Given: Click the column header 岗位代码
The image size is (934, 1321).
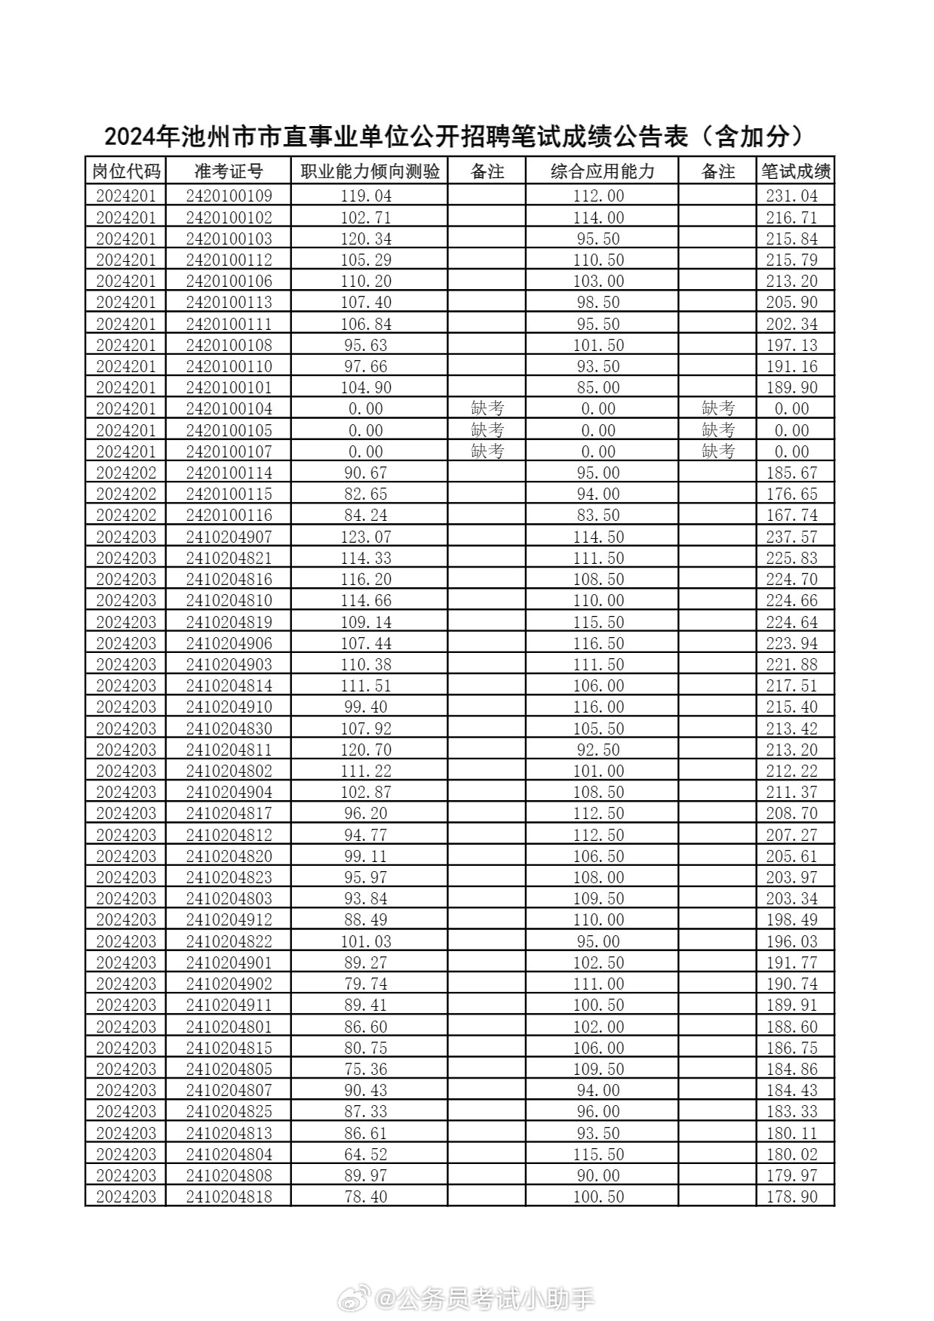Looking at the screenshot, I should pyautogui.click(x=126, y=171).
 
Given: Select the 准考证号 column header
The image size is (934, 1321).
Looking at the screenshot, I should pyautogui.click(x=228, y=171).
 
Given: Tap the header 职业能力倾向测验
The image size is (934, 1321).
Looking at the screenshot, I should pyautogui.click(x=370, y=171).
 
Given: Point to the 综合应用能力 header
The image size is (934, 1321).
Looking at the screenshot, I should pyautogui.click(x=602, y=171).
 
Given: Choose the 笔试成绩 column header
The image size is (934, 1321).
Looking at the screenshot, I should pyautogui.click(x=795, y=171).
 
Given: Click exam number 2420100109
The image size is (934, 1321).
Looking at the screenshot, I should pyautogui.click(x=228, y=196).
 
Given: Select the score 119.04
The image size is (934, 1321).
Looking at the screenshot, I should pyautogui.click(x=367, y=196).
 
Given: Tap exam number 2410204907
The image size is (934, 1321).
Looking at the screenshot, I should pyautogui.click(x=228, y=537).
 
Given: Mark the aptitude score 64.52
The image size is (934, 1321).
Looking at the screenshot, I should pyautogui.click(x=367, y=1154).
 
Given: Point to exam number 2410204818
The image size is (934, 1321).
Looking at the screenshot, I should pyautogui.click(x=228, y=1196).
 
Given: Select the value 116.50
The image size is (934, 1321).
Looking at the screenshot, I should pyautogui.click(x=598, y=643).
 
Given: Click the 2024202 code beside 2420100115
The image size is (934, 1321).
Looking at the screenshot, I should pyautogui.click(x=126, y=494).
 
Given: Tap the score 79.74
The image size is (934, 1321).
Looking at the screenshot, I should pyautogui.click(x=367, y=984).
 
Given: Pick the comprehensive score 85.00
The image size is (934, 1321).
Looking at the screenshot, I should pyautogui.click(x=598, y=388).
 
